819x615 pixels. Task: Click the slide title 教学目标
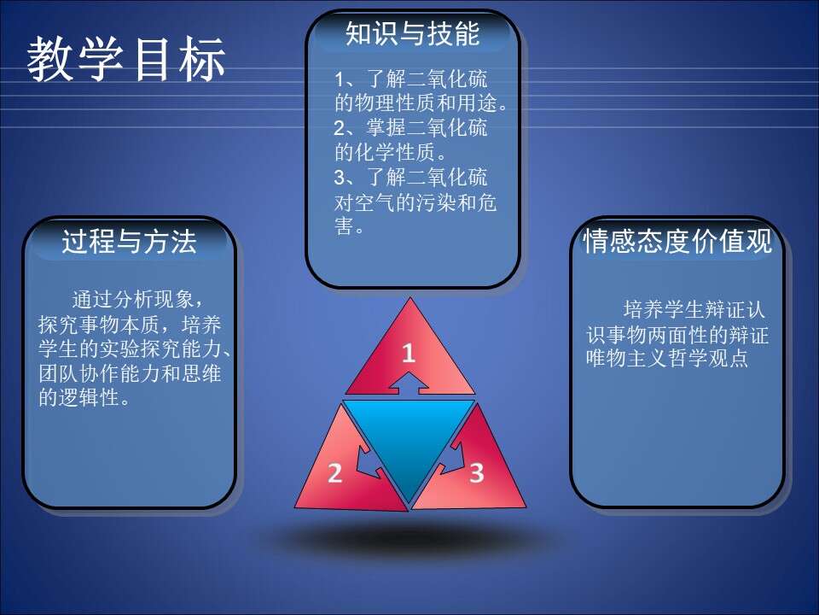[x=126, y=59]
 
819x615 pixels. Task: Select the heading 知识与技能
[x=413, y=34]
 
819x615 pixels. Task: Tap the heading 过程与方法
[x=129, y=242]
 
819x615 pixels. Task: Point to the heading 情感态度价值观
[x=677, y=241]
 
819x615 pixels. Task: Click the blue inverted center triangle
[x=409, y=439]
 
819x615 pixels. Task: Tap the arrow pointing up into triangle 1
[x=409, y=383]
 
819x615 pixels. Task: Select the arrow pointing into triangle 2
[x=369, y=463]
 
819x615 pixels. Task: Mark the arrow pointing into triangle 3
[x=451, y=459]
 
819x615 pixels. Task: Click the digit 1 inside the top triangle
[x=409, y=353]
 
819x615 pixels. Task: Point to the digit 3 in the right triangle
[x=476, y=472]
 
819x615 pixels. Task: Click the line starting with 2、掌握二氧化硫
[x=410, y=128]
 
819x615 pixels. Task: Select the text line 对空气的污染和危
[x=415, y=202]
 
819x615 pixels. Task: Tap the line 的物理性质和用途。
[x=421, y=103]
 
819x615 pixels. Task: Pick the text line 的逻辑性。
[x=84, y=398]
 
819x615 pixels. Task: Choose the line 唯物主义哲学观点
[x=667, y=358]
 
